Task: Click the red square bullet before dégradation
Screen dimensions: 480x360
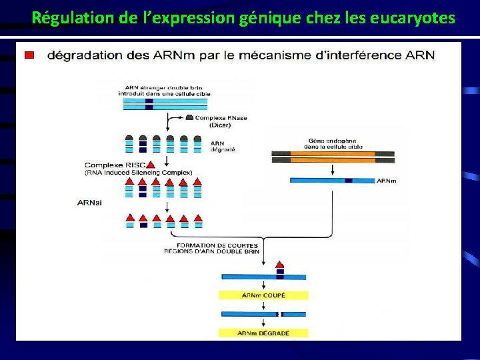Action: pos(29,55)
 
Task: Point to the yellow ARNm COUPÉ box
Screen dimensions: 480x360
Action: pos(263,295)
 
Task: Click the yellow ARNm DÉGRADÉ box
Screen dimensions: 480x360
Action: pos(263,333)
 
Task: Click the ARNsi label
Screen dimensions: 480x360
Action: pos(90,203)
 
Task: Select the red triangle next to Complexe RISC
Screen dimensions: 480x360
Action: pos(151,165)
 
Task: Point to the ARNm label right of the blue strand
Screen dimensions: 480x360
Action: pos(386,181)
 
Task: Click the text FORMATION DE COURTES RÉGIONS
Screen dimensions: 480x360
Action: pos(212,249)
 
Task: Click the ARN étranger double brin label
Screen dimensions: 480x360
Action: pos(167,91)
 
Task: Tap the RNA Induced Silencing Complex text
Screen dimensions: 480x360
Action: pos(138,173)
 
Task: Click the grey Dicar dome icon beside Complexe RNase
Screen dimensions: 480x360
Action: pos(189,117)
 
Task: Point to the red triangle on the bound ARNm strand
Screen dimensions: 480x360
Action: pos(280,265)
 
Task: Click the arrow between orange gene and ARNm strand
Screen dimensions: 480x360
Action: pos(332,170)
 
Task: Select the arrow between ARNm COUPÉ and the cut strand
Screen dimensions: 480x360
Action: pos(263,305)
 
